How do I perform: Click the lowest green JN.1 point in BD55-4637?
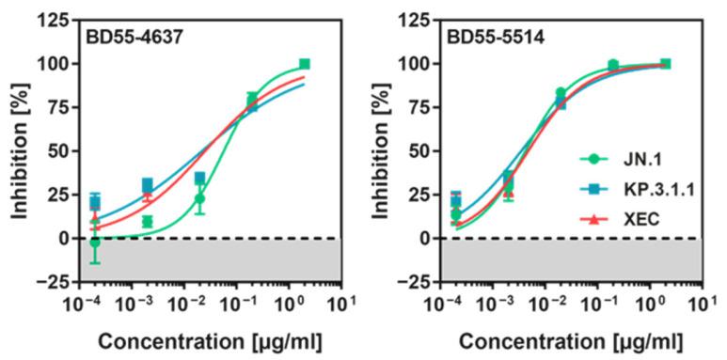[94, 243]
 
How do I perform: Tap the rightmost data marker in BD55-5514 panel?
[665, 64]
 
